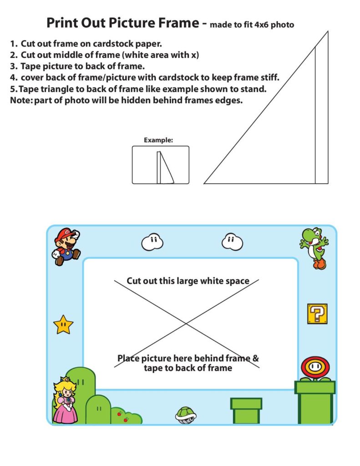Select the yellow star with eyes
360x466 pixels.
pos(63,324)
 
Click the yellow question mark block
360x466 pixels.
pos(317,314)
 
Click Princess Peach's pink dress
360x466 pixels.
pos(65,412)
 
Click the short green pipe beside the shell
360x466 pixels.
pos(246,410)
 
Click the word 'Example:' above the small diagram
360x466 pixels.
pos(158,140)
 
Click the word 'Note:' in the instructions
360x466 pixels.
pos(21,101)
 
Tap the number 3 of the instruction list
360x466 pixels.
pos(13,66)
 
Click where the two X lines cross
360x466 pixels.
pos(186,324)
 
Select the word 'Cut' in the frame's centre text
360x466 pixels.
pos(134,281)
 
